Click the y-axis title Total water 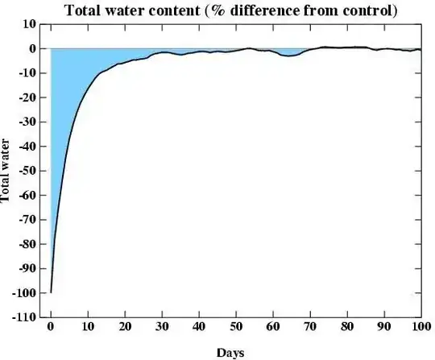[7, 171]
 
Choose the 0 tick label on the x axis [51, 328]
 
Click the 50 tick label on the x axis [235, 328]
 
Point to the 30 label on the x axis [161, 328]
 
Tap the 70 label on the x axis [309, 328]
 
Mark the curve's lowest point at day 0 [51, 292]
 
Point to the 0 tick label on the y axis [32, 48]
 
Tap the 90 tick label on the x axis [383, 328]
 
